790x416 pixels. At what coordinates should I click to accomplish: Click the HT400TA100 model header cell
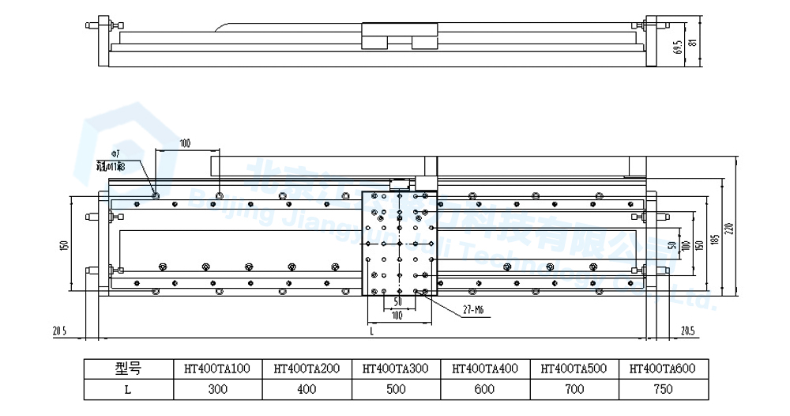(x=217, y=368)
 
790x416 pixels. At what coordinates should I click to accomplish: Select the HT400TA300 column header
(x=396, y=368)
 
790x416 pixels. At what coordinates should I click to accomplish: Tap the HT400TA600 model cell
(x=664, y=368)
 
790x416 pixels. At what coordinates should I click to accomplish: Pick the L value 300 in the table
(x=217, y=389)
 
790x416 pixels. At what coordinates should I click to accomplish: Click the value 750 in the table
(x=664, y=389)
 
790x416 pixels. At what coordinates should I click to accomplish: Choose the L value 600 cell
(x=485, y=389)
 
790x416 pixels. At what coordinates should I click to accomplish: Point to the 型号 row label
(x=127, y=368)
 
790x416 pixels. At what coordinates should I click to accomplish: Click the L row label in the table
(x=127, y=389)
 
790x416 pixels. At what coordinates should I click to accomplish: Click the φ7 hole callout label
(x=115, y=153)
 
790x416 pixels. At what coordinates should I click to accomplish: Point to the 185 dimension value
(x=713, y=238)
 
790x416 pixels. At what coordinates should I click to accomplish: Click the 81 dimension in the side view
(x=694, y=45)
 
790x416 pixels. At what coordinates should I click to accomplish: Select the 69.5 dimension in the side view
(x=678, y=51)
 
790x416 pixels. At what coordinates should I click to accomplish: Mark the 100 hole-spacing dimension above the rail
(x=185, y=144)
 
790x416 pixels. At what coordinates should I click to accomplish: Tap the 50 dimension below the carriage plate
(x=398, y=302)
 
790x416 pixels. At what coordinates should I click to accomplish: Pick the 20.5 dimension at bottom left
(x=58, y=330)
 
